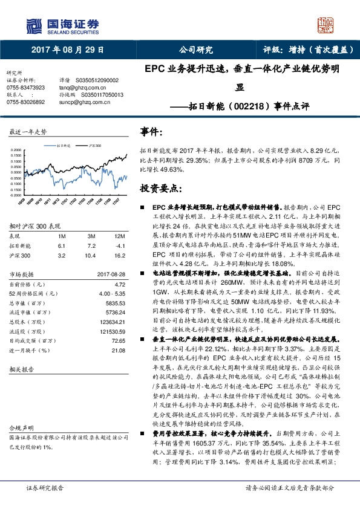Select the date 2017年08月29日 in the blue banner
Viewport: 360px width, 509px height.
click(x=67, y=51)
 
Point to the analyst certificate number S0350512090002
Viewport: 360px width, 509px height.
click(x=97, y=80)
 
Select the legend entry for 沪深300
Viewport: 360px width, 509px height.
click(x=92, y=146)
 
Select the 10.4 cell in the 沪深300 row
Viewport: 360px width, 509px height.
click(x=91, y=255)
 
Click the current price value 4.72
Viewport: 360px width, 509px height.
click(x=119, y=283)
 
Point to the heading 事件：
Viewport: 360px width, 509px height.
click(x=151, y=131)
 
